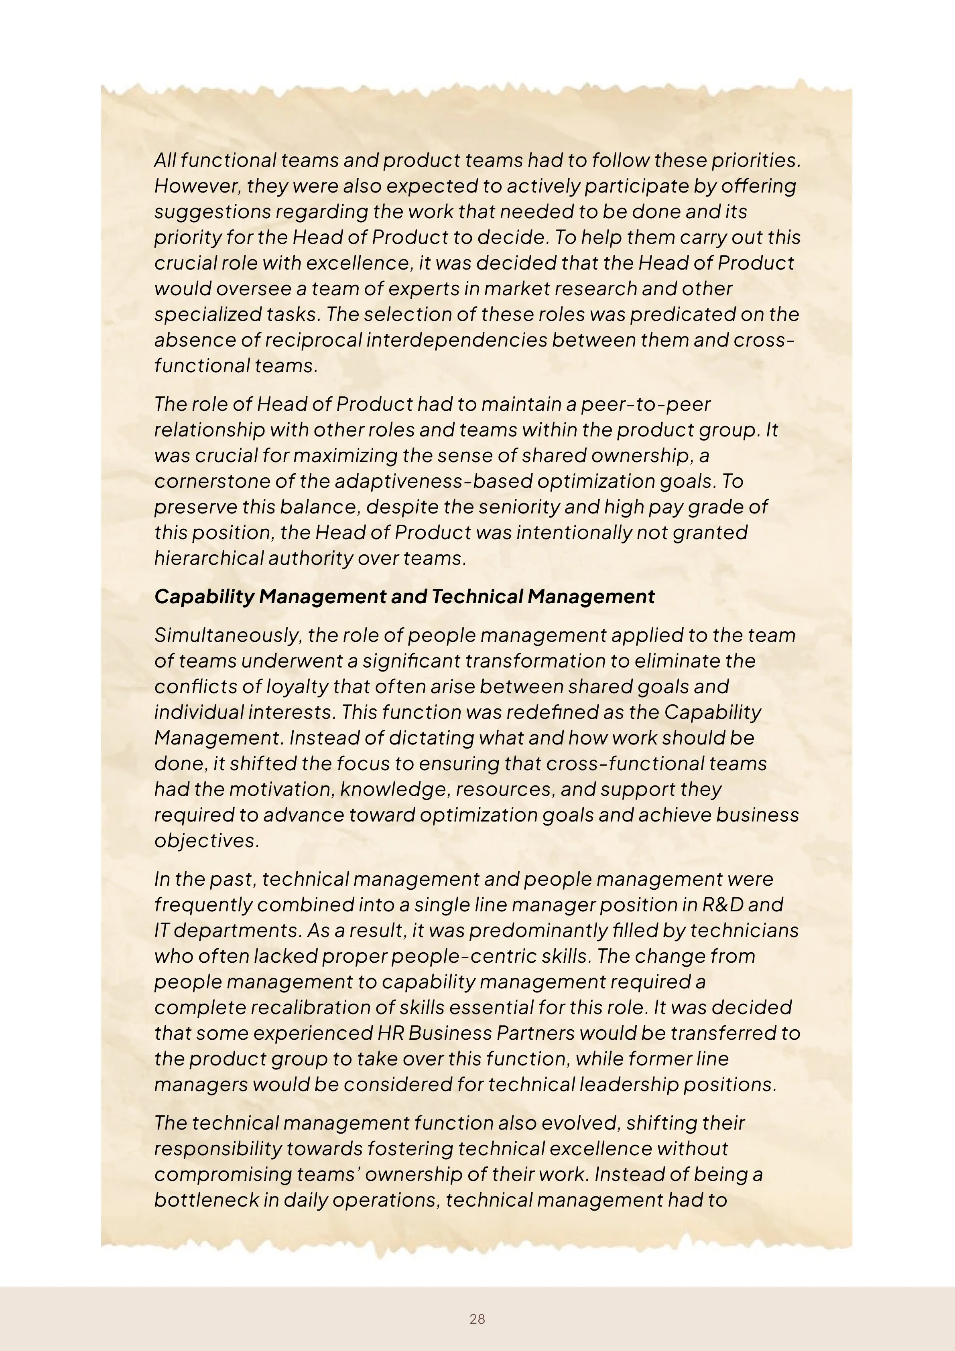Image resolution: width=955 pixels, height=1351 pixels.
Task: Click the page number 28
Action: (x=477, y=1319)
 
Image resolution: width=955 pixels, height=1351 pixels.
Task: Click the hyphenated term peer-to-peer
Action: (x=646, y=404)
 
